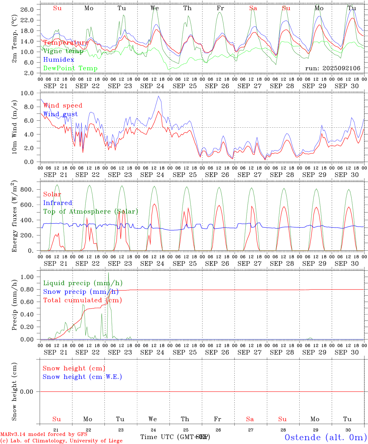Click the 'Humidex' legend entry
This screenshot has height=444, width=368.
[59, 60]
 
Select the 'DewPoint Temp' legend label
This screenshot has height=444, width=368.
[70, 68]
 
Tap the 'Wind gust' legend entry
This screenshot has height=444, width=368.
[60, 114]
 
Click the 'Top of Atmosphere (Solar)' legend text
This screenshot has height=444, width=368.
[91, 212]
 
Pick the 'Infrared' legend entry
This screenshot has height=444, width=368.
[58, 203]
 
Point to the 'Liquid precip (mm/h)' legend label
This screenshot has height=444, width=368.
[83, 283]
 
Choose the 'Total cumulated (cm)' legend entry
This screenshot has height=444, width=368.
[82, 300]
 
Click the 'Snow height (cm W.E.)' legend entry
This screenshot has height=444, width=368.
[82, 377]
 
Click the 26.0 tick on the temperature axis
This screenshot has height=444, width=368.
[27, 10]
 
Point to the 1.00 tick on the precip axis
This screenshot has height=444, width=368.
[27, 277]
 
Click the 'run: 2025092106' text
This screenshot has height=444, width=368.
[333, 68]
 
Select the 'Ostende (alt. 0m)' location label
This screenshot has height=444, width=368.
[325, 437]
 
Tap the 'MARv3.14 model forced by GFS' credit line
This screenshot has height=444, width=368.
[44, 434]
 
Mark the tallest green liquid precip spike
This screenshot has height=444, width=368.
[108, 273]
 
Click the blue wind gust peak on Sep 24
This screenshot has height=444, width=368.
[158, 96]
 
